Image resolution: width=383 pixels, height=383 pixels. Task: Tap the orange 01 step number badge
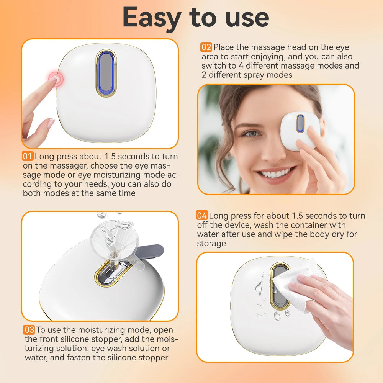pos(28,157)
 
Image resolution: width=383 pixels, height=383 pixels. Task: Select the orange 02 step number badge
pos(206,47)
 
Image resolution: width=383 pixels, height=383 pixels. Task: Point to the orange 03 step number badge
pos(29,330)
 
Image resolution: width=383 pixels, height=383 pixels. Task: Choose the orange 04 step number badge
pos(202,216)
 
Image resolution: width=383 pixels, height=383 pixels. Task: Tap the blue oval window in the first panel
pos(106,73)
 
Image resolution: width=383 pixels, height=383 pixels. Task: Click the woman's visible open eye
pos(251,134)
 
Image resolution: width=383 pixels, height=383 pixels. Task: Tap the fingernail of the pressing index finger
pos(50,124)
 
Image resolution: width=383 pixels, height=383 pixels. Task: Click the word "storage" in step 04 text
pos(211,243)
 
